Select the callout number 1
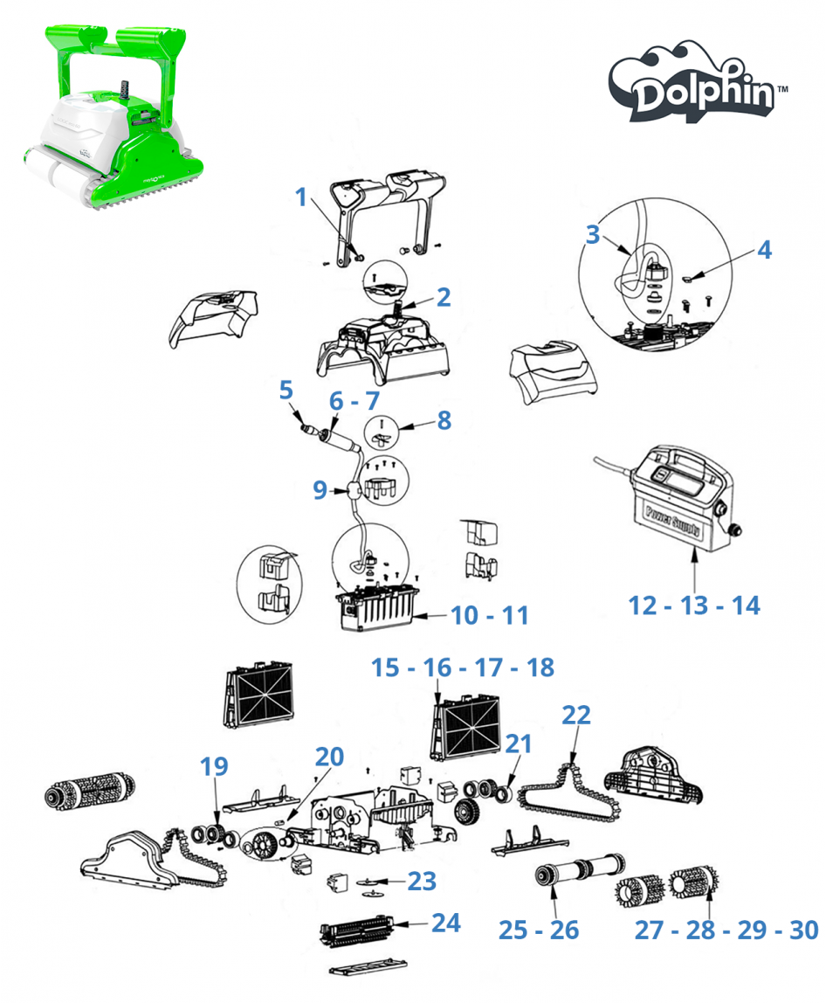pyautogui.click(x=302, y=197)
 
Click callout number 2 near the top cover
pyautogui.click(x=444, y=297)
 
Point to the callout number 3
pyautogui.click(x=593, y=235)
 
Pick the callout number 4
pyautogui.click(x=764, y=249)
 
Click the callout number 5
pyautogui.click(x=286, y=391)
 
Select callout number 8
pyautogui.click(x=444, y=420)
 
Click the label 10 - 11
pyautogui.click(x=490, y=615)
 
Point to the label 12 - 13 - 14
pyautogui.click(x=694, y=605)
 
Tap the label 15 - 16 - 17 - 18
pyautogui.click(x=462, y=668)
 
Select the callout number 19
pyautogui.click(x=214, y=766)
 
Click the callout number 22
pyautogui.click(x=576, y=716)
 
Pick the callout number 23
pyautogui.click(x=422, y=881)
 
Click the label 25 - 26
pyautogui.click(x=539, y=930)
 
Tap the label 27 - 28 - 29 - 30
pyautogui.click(x=726, y=930)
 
